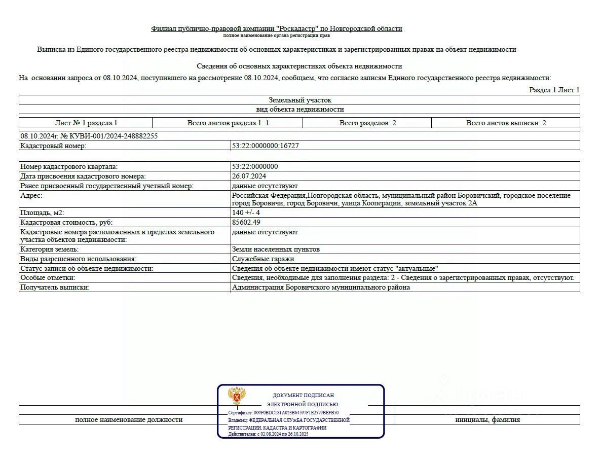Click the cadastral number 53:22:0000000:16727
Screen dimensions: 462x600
click(265, 146)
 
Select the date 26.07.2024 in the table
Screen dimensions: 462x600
click(249, 176)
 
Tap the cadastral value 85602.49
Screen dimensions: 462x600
click(246, 222)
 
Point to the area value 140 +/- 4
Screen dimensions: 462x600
click(246, 212)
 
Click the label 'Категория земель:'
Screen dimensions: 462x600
click(49, 249)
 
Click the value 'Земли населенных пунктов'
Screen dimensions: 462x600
click(276, 249)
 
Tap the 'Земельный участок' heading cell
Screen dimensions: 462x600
click(300, 100)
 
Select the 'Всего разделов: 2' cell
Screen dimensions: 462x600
click(367, 123)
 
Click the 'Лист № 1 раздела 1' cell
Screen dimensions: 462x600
click(86, 123)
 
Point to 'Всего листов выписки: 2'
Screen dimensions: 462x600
click(506, 123)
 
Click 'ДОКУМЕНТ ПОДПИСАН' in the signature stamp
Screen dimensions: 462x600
click(303, 395)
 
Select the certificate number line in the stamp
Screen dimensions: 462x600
click(283, 413)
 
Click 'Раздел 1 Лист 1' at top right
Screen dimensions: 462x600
click(554, 90)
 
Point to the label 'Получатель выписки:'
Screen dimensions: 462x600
click(54, 287)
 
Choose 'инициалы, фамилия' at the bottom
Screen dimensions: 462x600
click(487, 419)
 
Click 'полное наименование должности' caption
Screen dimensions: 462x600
click(129, 419)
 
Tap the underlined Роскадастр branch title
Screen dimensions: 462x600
click(277, 28)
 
